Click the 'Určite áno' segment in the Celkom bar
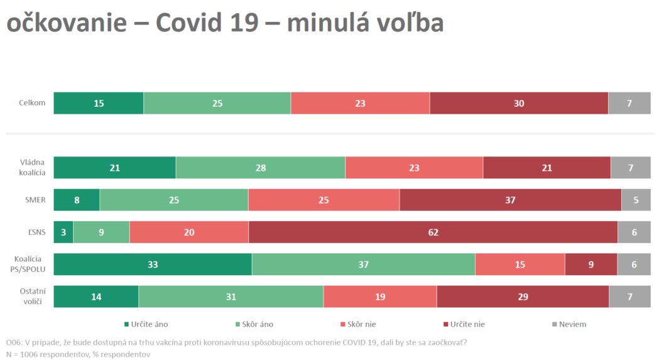(99, 103)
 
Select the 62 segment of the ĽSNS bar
(433, 232)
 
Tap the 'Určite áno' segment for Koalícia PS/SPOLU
(153, 265)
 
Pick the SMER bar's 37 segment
(510, 200)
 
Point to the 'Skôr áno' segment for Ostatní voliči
(231, 297)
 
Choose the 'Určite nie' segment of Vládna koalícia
(547, 168)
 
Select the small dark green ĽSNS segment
(63, 232)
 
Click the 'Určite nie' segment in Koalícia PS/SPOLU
(591, 265)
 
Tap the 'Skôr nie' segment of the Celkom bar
(360, 103)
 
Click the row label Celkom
(33, 103)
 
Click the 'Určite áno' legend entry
(150, 324)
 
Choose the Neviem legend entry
(572, 324)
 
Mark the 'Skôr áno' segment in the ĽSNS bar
(101, 232)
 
